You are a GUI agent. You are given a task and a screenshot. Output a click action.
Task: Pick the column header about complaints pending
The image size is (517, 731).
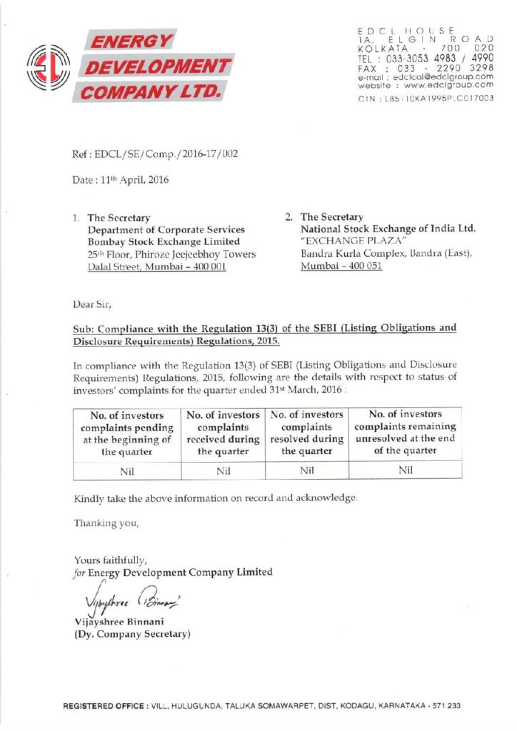127,433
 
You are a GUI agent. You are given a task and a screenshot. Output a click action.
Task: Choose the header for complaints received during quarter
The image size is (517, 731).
223,433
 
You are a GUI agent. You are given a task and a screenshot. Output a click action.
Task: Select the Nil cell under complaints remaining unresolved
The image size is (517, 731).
406,470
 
